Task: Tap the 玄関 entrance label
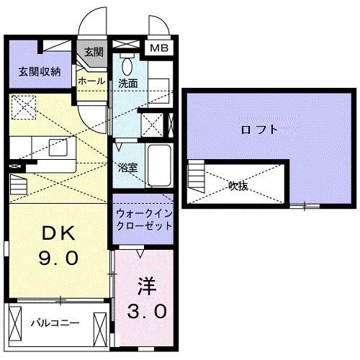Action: tap(93, 52)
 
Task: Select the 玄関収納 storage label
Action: tap(40, 71)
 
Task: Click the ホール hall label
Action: tap(91, 81)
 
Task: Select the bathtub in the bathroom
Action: tap(158, 163)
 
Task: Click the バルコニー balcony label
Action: tap(55, 323)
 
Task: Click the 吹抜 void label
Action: tap(238, 185)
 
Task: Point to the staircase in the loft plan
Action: tap(197, 176)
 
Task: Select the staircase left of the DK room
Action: tap(18, 186)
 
